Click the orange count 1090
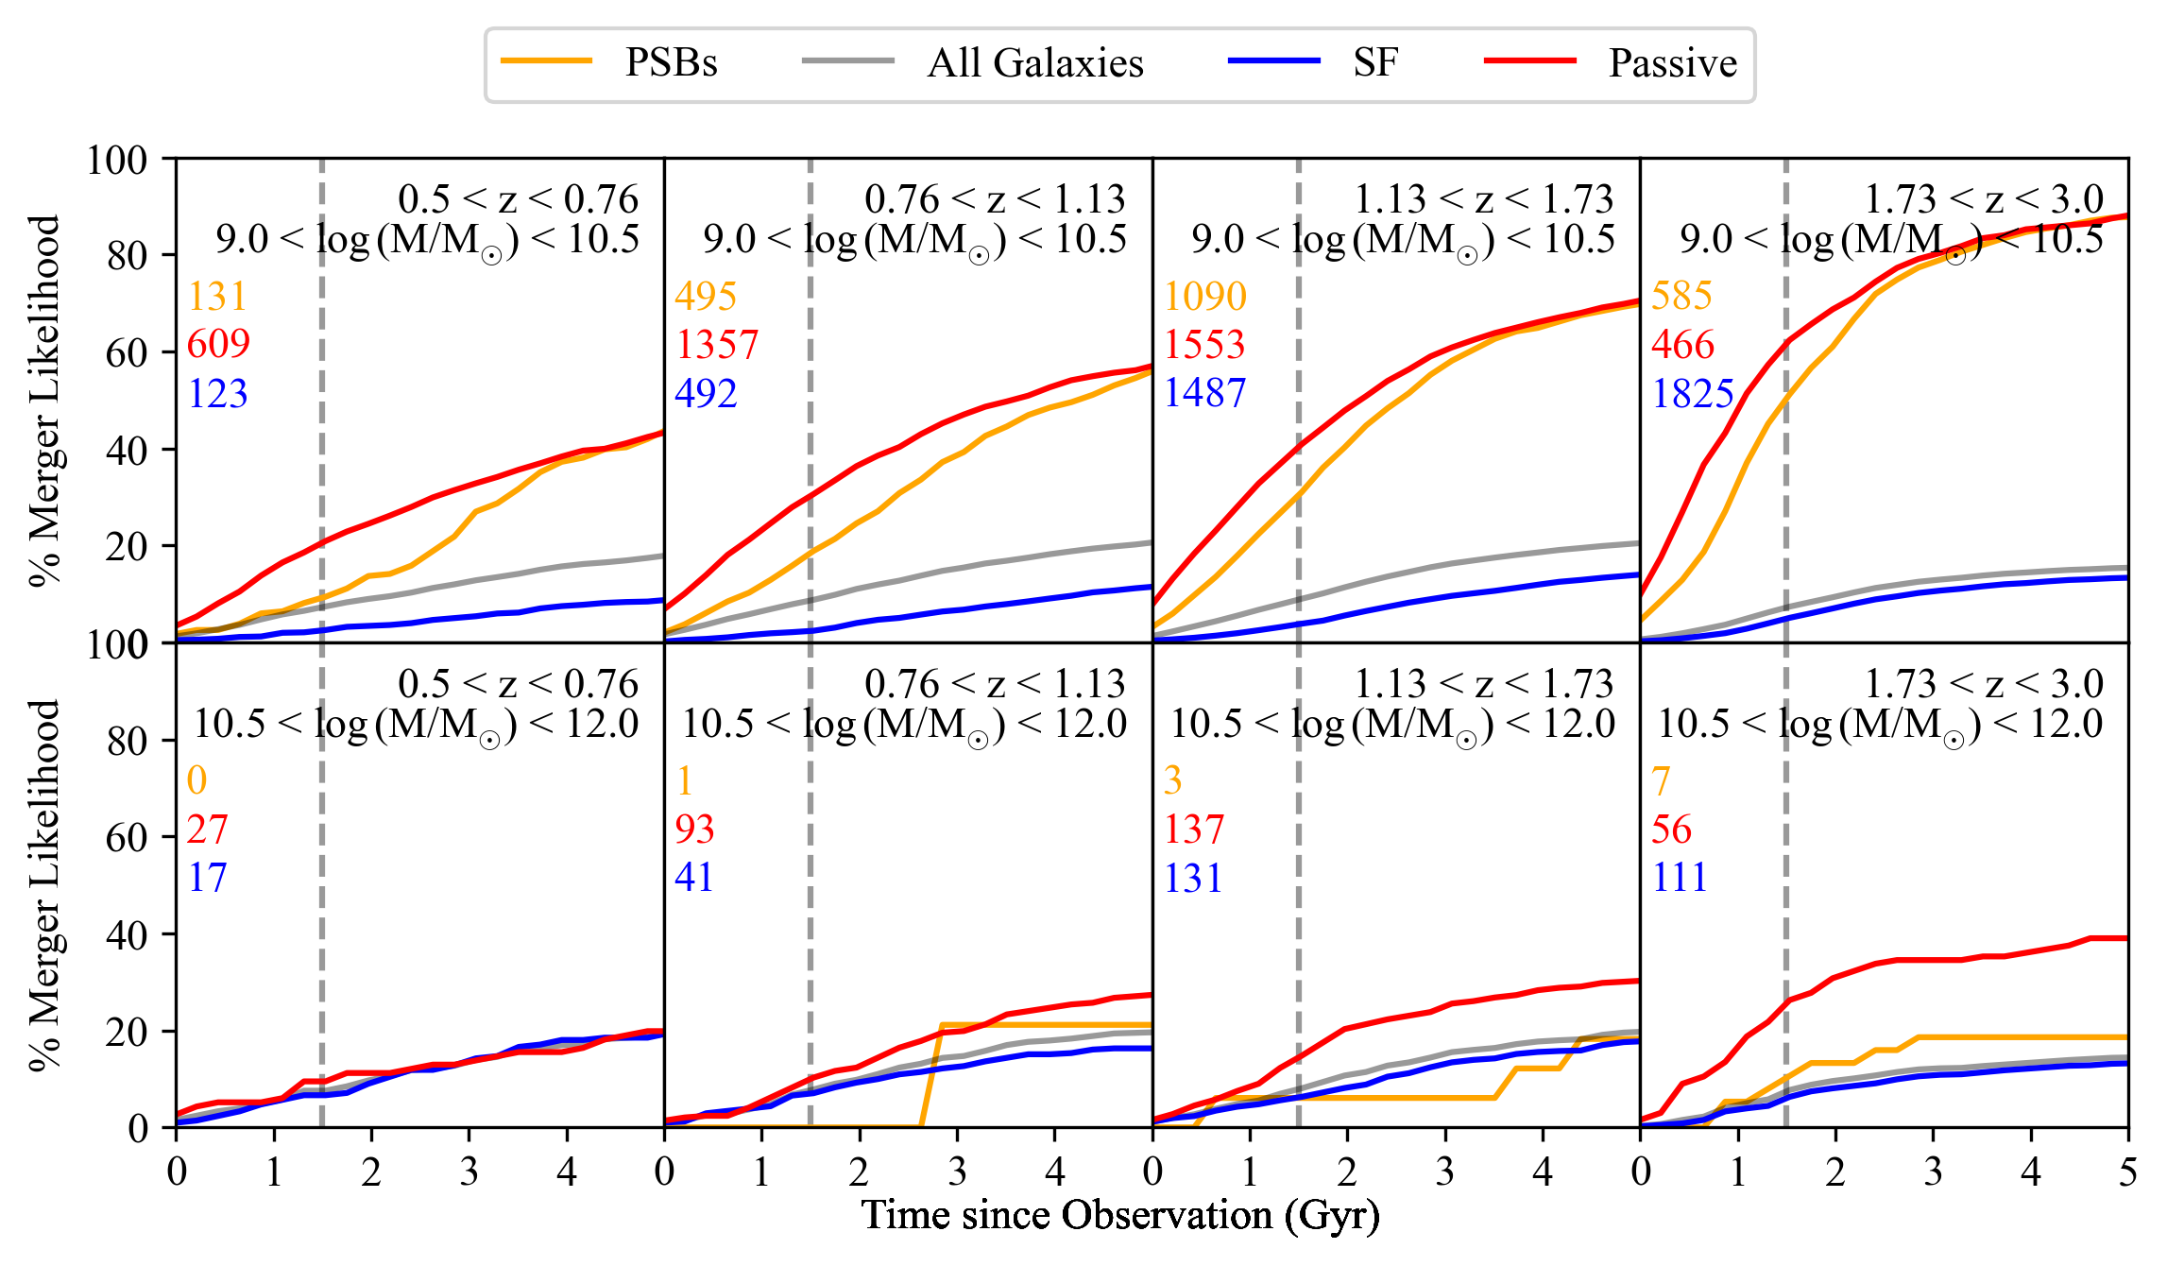click(1204, 297)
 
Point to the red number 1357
click(717, 345)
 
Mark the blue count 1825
click(1693, 394)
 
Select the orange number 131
click(217, 297)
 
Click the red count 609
click(218, 344)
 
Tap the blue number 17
click(208, 878)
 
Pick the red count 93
click(694, 830)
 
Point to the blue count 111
click(1680, 878)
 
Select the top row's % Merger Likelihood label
click(44, 401)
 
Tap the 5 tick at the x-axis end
click(2127, 1172)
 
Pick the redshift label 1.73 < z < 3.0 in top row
click(1984, 199)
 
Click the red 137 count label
click(1194, 830)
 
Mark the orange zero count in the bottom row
click(196, 780)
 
